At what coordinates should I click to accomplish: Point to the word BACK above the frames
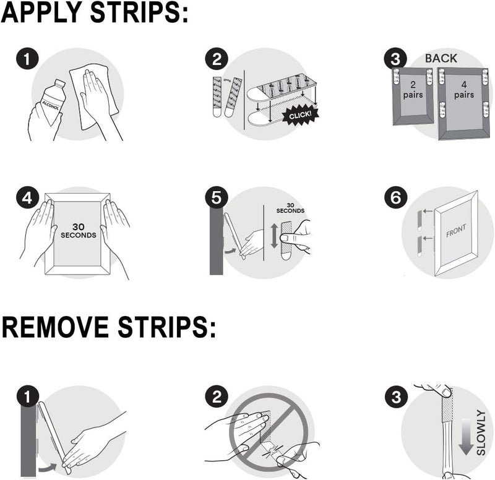(x=441, y=58)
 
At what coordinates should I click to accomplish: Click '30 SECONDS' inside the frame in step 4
(x=77, y=231)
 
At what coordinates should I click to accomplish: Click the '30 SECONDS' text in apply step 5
(x=291, y=207)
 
